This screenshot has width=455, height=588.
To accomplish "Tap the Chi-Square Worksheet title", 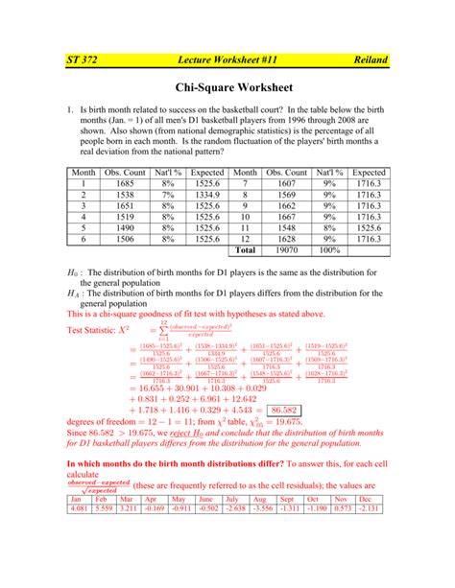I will [227, 88].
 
